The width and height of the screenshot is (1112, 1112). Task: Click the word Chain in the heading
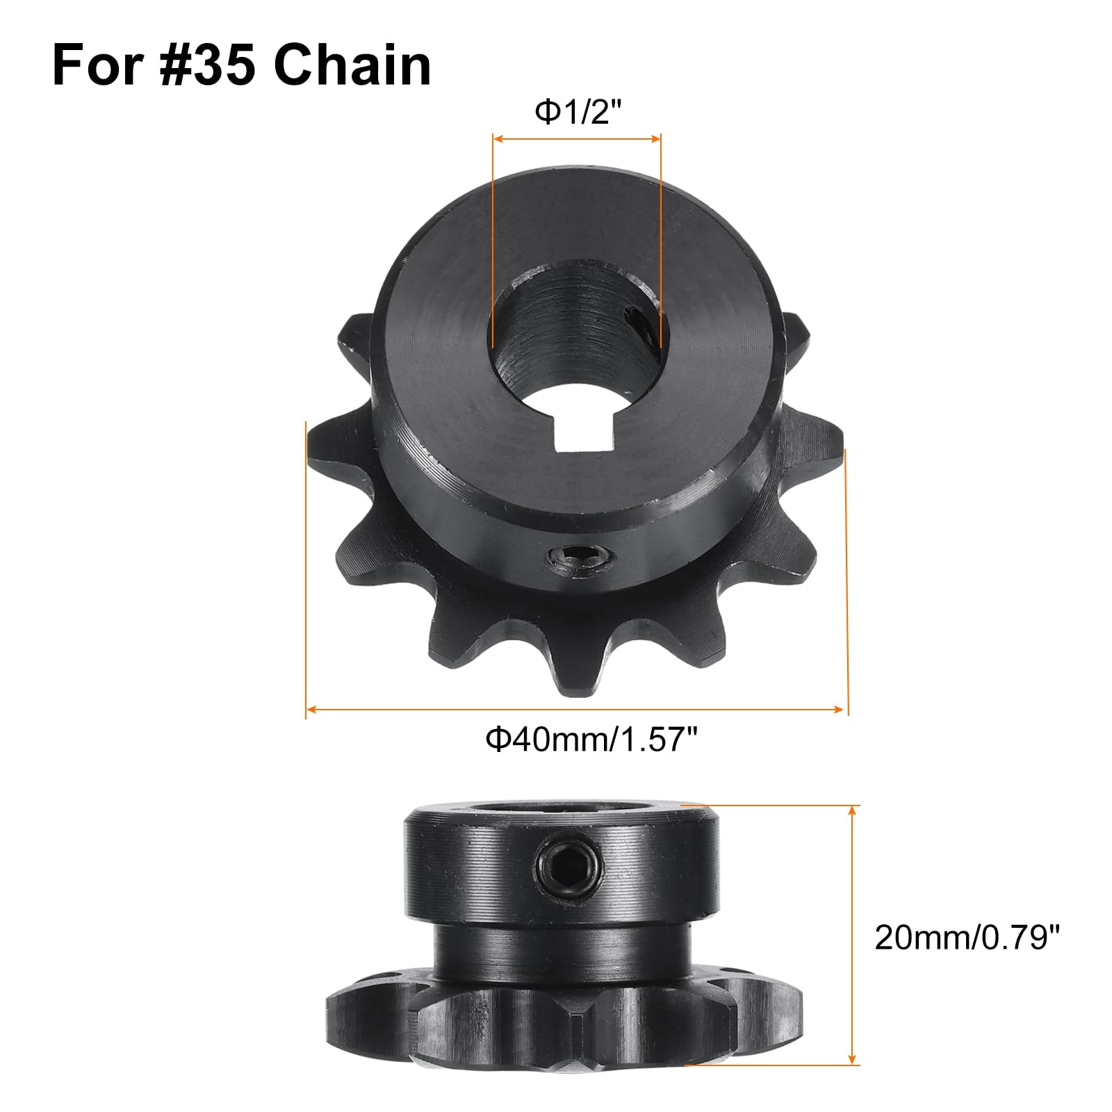tap(352, 66)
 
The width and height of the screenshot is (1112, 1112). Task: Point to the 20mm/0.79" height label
tap(967, 938)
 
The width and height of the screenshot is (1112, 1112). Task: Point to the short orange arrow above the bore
tap(576, 139)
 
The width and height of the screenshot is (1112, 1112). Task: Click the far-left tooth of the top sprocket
tap(325, 445)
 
